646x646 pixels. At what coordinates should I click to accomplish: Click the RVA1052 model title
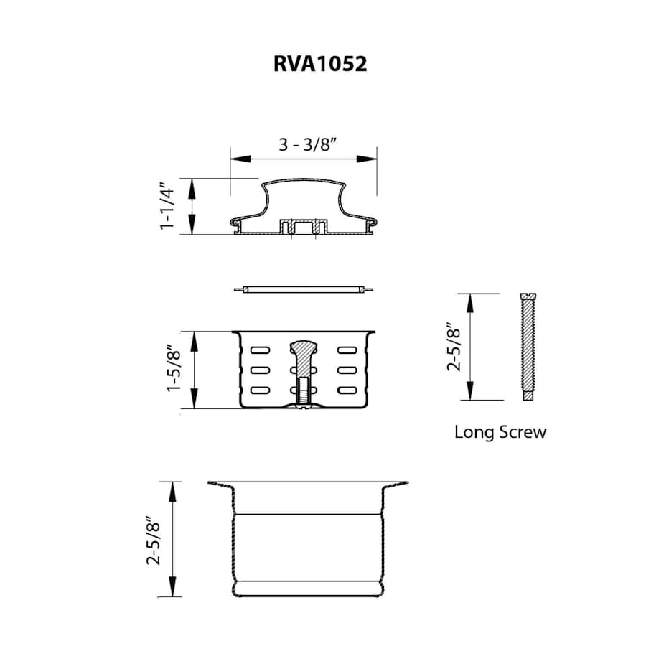[x=320, y=64]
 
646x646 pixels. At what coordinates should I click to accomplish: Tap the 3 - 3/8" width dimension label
[x=308, y=144]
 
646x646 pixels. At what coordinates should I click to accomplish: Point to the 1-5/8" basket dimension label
[x=174, y=370]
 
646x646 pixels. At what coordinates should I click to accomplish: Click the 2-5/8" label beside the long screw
[x=454, y=347]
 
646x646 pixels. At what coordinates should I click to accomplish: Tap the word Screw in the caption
[x=523, y=432]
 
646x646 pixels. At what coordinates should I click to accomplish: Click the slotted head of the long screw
[x=528, y=296]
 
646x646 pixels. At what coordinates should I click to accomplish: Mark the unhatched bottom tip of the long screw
[x=528, y=395]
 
